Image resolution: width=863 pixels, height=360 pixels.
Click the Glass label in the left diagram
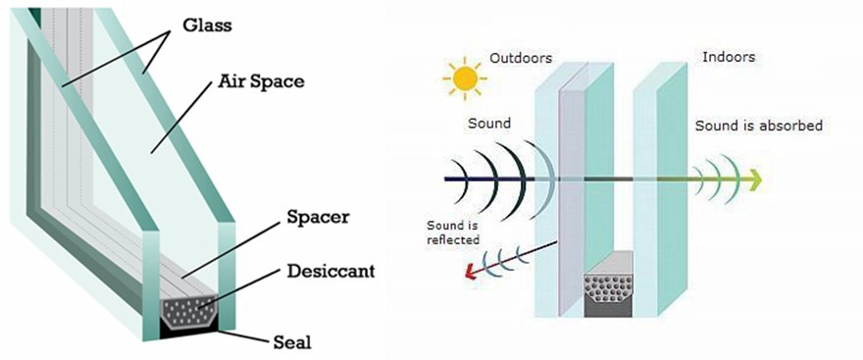coord(208,26)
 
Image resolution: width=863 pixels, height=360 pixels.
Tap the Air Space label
coord(262,82)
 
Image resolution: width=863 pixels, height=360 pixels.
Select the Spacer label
coord(318,217)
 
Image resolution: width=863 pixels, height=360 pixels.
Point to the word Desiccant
coord(330,271)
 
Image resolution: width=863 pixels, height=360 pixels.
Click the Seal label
coord(291,342)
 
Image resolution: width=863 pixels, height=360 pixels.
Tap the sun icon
coord(466,78)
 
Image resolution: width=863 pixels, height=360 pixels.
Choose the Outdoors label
coord(520,57)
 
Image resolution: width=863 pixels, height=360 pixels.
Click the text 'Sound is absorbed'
coord(758,126)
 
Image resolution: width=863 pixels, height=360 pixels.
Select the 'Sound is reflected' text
coord(453,232)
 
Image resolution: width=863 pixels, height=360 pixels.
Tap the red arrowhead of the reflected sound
coord(470,271)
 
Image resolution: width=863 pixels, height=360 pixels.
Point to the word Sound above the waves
coord(489,124)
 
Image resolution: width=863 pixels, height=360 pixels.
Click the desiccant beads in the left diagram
coord(186,310)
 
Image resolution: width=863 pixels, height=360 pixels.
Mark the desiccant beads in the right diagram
coord(608,286)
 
